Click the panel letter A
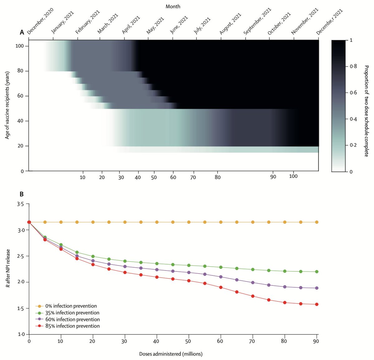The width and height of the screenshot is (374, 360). point(22,32)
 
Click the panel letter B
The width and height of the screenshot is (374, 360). point(22,194)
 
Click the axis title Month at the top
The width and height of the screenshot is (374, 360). point(173,6)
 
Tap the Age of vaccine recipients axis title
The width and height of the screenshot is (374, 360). point(7,105)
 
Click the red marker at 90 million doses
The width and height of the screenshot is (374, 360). point(317,304)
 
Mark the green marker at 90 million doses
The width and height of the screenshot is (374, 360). point(317,272)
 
